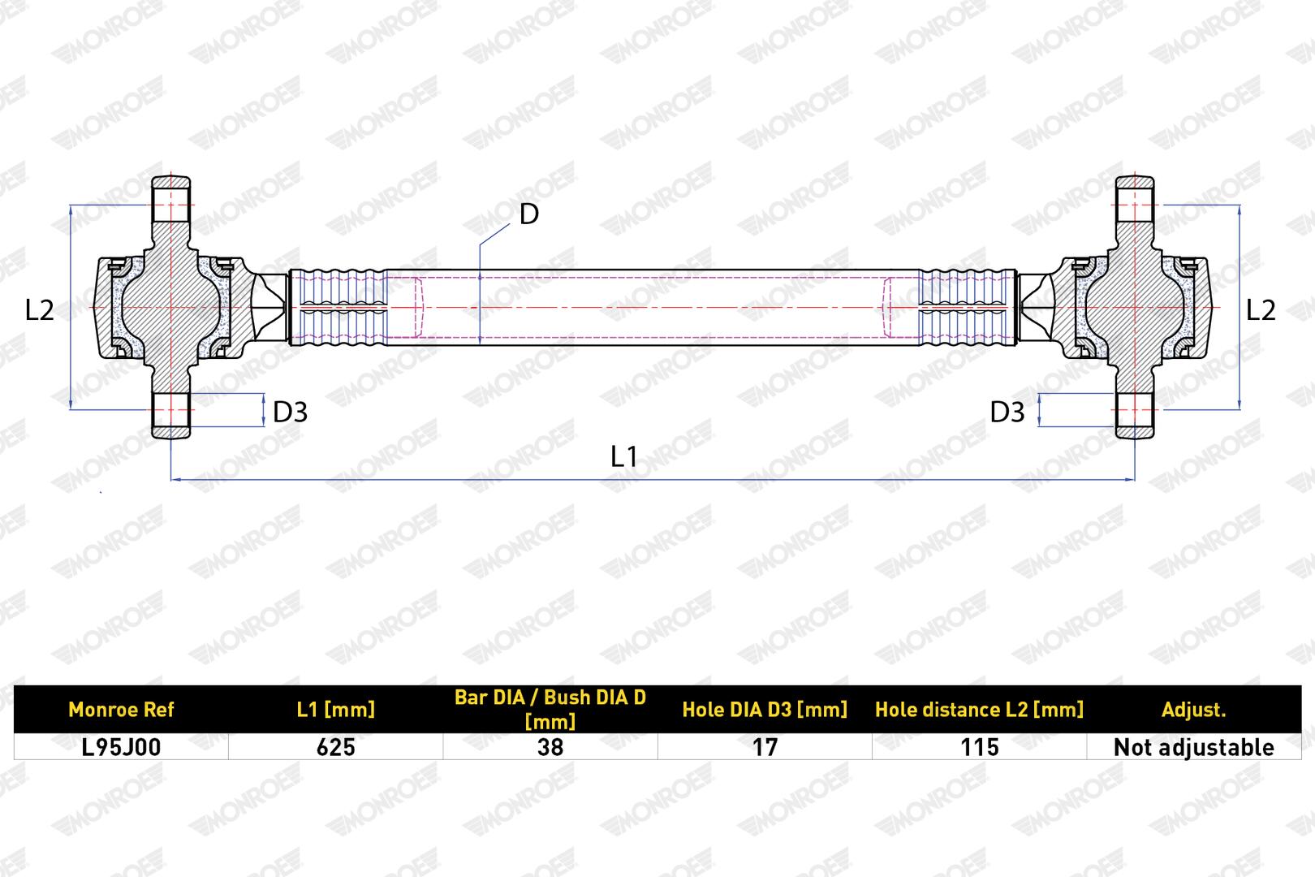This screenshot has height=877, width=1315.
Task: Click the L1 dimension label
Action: pyautogui.click(x=623, y=456)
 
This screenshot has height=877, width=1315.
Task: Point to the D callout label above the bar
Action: pyautogui.click(x=529, y=214)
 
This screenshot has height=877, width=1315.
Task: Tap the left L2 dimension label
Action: pyautogui.click(x=39, y=309)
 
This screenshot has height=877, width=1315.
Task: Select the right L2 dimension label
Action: pyautogui.click(x=1261, y=309)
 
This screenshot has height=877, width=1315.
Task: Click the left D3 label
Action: pyautogui.click(x=290, y=412)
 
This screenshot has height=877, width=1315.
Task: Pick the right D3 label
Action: pyautogui.click(x=1007, y=412)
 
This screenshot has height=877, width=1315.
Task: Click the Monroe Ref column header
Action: pyautogui.click(x=121, y=710)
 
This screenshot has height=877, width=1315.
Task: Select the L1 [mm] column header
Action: pyautogui.click(x=336, y=710)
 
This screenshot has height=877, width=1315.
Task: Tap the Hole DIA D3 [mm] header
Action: pyautogui.click(x=765, y=710)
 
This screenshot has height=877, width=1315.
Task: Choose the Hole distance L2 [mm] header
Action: pyautogui.click(x=979, y=710)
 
